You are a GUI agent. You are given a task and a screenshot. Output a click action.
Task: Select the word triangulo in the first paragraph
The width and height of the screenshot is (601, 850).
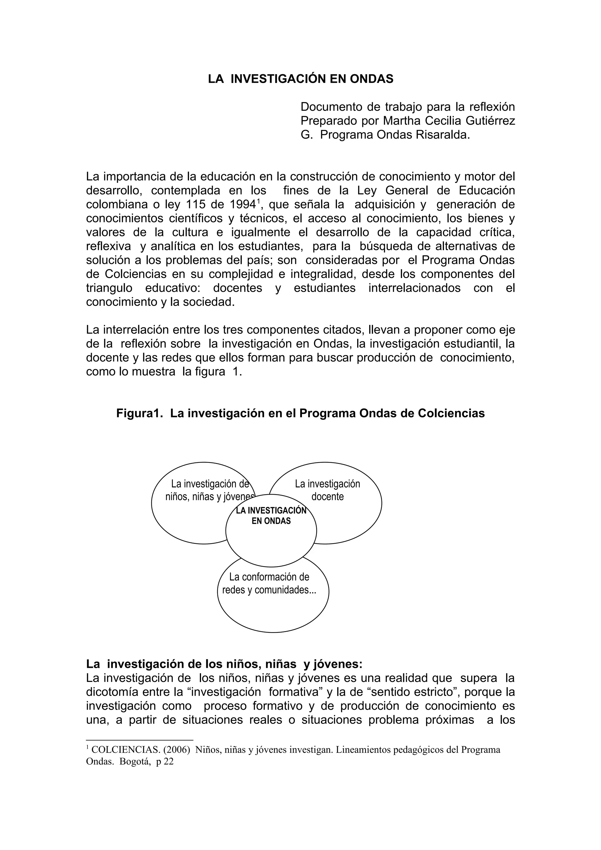tap(109, 288)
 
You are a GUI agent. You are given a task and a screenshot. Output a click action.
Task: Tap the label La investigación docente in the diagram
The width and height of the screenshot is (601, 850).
tap(327, 490)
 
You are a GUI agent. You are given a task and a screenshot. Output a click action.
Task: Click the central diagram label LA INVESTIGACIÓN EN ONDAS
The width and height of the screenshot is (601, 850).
tap(271, 515)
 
